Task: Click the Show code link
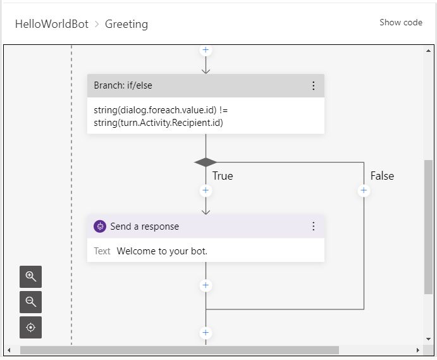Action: tap(400, 23)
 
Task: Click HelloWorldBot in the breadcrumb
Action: tap(51, 24)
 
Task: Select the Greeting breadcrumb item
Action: tap(126, 24)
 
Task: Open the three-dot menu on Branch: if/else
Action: tap(313, 85)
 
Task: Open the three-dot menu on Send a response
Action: tap(313, 227)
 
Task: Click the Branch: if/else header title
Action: tap(123, 85)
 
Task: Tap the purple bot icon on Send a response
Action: tap(100, 227)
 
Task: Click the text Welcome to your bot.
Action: tap(162, 251)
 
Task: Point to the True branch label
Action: tap(223, 176)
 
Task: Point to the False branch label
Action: tap(382, 176)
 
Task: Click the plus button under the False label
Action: tap(364, 190)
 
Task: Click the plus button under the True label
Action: tap(206, 190)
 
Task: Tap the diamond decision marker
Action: tap(206, 163)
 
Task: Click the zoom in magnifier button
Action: tap(31, 276)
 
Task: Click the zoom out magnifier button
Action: tap(31, 302)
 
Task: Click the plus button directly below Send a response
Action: tap(206, 285)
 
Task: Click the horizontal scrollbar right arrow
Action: tap(417, 350)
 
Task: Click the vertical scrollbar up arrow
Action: tap(429, 50)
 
